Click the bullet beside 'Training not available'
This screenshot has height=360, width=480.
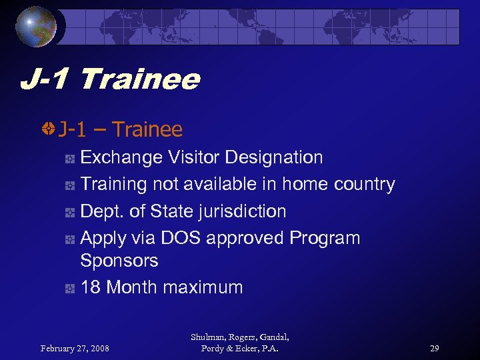click(x=69, y=185)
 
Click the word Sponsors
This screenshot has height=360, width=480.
click(x=119, y=261)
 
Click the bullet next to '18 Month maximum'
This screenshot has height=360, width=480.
click(x=69, y=288)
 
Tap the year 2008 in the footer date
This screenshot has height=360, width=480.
click(x=99, y=347)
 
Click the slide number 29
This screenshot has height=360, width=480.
click(x=434, y=347)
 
